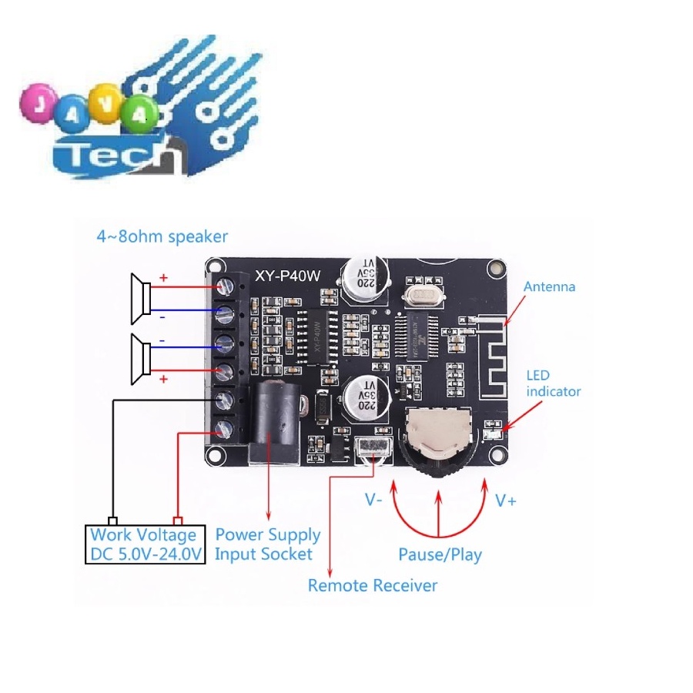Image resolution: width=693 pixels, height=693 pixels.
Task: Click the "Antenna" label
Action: [x=549, y=286]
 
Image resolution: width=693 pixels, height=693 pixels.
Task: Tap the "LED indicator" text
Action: [x=553, y=383]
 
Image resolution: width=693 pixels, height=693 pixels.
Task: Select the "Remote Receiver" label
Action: [x=373, y=585]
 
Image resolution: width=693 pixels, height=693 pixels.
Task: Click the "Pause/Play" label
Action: [x=440, y=554]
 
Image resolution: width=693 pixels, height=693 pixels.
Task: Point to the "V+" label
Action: [x=506, y=501]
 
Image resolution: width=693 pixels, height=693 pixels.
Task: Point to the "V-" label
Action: [x=374, y=500]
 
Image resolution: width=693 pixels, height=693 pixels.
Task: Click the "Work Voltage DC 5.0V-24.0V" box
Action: [x=145, y=544]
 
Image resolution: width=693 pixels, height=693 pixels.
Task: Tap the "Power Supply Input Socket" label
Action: [x=267, y=544]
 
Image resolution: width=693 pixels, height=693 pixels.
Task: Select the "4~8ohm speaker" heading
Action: [x=162, y=236]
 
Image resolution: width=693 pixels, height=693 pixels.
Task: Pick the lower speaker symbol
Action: [x=141, y=359]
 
